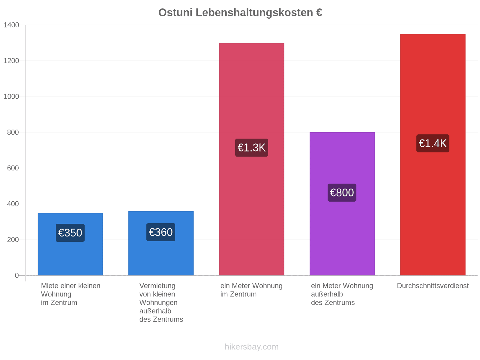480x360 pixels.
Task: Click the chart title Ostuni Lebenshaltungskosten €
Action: point(240,13)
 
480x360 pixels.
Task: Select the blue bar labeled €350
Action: point(70,244)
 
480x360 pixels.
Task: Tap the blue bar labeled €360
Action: point(161,243)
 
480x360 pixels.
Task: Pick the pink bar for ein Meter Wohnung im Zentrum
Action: point(251,159)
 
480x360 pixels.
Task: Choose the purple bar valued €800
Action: point(342,204)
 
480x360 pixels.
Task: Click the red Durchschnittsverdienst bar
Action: point(433,154)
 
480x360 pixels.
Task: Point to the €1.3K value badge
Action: point(251,148)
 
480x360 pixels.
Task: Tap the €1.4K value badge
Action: point(433,143)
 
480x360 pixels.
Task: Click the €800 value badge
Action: point(342,193)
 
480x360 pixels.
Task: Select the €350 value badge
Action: point(70,233)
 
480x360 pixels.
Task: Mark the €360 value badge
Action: point(161,232)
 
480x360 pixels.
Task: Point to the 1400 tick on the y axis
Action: point(11,25)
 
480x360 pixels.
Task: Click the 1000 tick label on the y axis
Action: point(11,96)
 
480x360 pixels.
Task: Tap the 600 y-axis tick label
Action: point(13,168)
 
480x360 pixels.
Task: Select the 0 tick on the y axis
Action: point(16,275)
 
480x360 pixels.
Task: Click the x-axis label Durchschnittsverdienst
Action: point(433,286)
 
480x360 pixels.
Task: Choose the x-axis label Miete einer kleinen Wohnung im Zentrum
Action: point(70,294)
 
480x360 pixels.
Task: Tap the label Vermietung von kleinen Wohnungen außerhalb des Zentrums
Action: point(161,302)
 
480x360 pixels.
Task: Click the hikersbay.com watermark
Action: point(251,347)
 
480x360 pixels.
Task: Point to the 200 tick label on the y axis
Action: point(13,240)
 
